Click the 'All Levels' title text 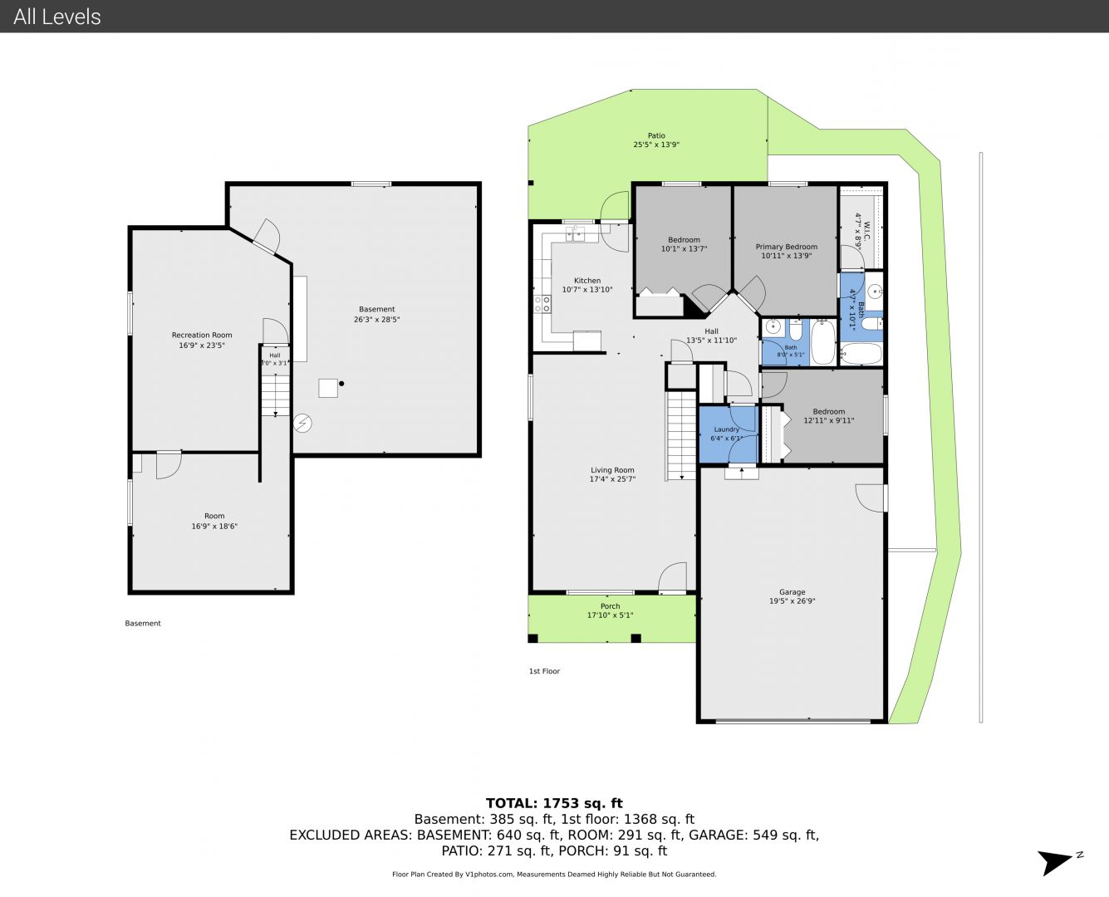click(56, 17)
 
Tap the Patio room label click(656, 135)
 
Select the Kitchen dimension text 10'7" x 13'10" click(586, 290)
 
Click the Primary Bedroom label click(786, 247)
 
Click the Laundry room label click(726, 429)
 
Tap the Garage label click(792, 592)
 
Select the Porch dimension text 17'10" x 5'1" click(610, 615)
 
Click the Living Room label click(612, 470)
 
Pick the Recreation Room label click(202, 336)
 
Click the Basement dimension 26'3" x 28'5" click(376, 320)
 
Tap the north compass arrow click(1056, 863)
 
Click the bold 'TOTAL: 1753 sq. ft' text click(554, 803)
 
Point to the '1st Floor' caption click(544, 671)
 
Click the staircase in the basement click(275, 395)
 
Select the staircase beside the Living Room click(681, 436)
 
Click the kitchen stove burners click(542, 304)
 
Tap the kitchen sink click(576, 235)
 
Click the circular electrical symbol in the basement click(302, 423)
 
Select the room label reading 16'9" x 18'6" click(214, 527)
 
